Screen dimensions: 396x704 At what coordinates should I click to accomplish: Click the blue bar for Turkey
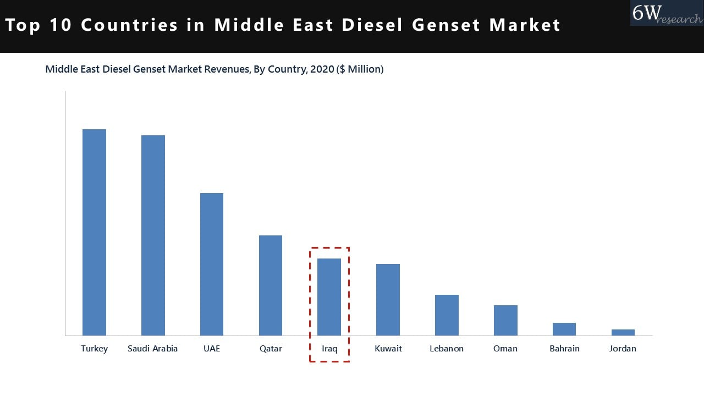[x=94, y=232]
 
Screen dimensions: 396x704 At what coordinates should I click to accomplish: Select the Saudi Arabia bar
[x=153, y=235]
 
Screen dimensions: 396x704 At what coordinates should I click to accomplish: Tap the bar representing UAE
[x=212, y=264]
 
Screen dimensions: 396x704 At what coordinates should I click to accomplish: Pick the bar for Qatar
[x=271, y=285]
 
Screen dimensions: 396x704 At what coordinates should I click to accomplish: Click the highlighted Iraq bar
[x=329, y=297]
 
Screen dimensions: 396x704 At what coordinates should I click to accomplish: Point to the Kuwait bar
[x=388, y=300]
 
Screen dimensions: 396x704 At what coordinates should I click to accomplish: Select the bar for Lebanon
[x=447, y=315]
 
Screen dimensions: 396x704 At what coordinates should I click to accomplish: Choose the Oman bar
[x=505, y=320]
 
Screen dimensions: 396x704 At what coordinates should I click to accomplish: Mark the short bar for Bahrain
[x=564, y=329]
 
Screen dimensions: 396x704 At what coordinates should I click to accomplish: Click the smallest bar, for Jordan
[x=623, y=332]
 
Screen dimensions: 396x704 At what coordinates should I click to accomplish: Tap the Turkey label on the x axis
[x=94, y=349]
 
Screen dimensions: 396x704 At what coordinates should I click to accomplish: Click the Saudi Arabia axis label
[x=152, y=349]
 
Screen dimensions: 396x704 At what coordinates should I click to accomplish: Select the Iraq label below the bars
[x=329, y=349]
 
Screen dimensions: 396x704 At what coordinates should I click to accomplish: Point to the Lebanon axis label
[x=447, y=349]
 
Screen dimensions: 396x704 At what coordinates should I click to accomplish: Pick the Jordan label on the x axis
[x=623, y=349]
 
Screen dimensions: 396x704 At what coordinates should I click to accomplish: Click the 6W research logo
[x=666, y=13]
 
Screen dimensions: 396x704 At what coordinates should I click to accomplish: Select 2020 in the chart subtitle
[x=322, y=69]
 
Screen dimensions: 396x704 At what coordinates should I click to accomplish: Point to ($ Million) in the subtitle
[x=360, y=69]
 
